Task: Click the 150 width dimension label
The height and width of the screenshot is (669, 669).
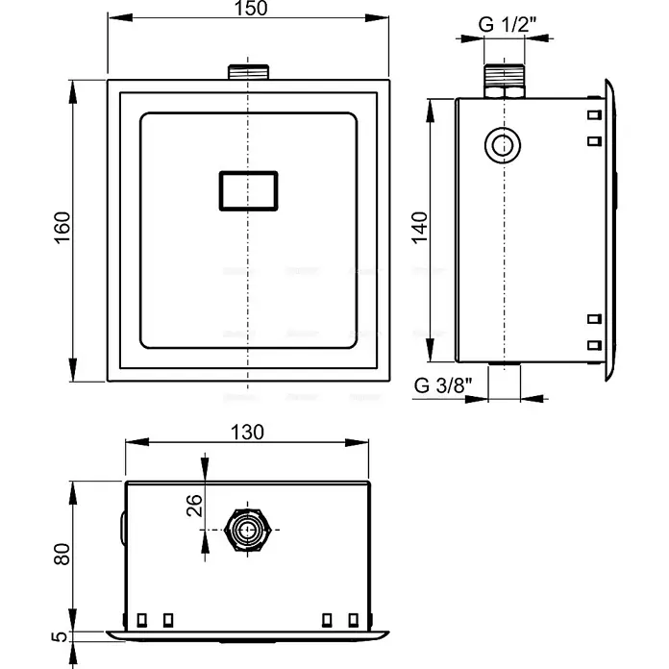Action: coord(251,8)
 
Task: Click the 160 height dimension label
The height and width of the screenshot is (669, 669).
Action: coord(62,228)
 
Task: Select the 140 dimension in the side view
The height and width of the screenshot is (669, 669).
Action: coord(420,228)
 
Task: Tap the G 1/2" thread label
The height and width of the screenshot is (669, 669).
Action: coord(507,24)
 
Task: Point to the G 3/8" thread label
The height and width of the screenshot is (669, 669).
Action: coord(443,385)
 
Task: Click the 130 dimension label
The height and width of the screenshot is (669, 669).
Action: coord(247,433)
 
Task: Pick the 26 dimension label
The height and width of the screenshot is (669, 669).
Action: coord(194,506)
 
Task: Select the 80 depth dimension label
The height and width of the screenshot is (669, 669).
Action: coord(62,555)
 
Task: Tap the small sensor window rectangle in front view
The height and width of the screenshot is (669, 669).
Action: coord(249,190)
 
